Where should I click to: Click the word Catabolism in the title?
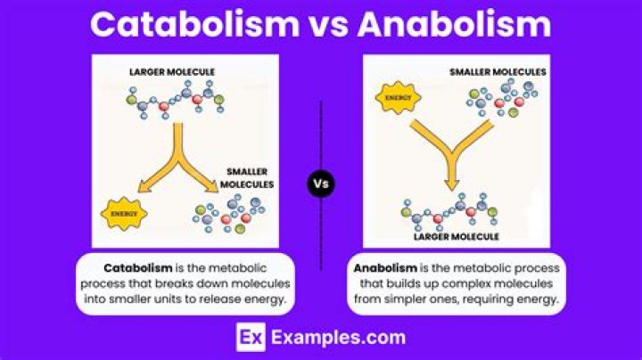[195, 24]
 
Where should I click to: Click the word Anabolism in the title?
[454, 24]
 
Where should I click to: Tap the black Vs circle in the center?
[321, 184]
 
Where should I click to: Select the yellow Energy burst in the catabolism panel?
[124, 214]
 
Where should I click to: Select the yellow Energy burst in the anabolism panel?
[399, 97]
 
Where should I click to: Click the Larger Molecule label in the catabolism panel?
[172, 72]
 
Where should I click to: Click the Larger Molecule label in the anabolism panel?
[457, 236]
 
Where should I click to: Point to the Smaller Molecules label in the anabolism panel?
[498, 72]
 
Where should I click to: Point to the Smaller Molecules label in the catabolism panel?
[247, 178]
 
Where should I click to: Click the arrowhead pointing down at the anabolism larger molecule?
[451, 185]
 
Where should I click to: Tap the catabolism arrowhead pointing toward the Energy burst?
[144, 187]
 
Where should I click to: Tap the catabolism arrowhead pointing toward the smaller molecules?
[212, 186]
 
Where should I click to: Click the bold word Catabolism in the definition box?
[138, 268]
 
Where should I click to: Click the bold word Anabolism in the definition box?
[385, 268]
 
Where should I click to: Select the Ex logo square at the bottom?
[251, 337]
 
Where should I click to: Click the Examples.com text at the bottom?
[338, 338]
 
